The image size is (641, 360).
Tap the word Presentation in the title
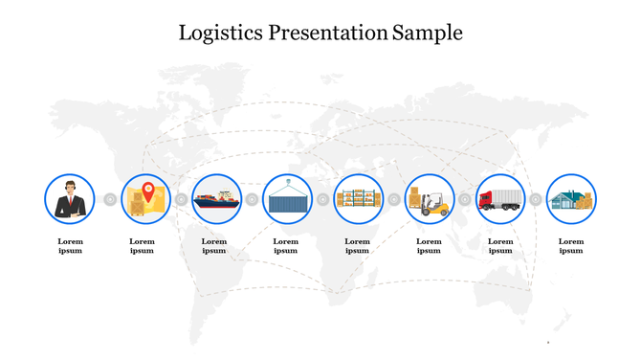pyautogui.click(x=327, y=33)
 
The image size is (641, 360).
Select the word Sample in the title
pyautogui.click(x=428, y=33)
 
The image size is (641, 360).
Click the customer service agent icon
pyautogui.click(x=70, y=199)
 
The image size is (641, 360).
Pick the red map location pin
pyautogui.click(x=147, y=191)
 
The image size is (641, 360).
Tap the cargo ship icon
pyautogui.click(x=216, y=199)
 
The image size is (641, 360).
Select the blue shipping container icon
pyautogui.click(x=287, y=200)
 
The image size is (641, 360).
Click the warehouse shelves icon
pyautogui.click(x=358, y=199)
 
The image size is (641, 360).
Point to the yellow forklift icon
pyautogui.click(x=430, y=199)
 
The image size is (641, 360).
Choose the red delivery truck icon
pyautogui.click(x=500, y=199)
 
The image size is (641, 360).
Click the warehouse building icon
pyautogui.click(x=571, y=199)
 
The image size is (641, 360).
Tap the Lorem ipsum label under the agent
pyautogui.click(x=70, y=246)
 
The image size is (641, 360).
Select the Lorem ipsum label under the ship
pyautogui.click(x=214, y=246)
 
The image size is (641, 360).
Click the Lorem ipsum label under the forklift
pyautogui.click(x=429, y=246)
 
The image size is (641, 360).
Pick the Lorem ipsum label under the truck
pyautogui.click(x=500, y=246)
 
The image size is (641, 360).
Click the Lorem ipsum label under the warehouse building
pyautogui.click(x=571, y=246)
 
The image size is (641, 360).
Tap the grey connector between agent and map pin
pyautogui.click(x=110, y=199)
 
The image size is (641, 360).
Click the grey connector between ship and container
pyautogui.click(x=252, y=199)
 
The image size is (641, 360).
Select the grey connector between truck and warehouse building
pyautogui.click(x=536, y=199)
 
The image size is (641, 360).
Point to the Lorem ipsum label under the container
pyautogui.click(x=286, y=246)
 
